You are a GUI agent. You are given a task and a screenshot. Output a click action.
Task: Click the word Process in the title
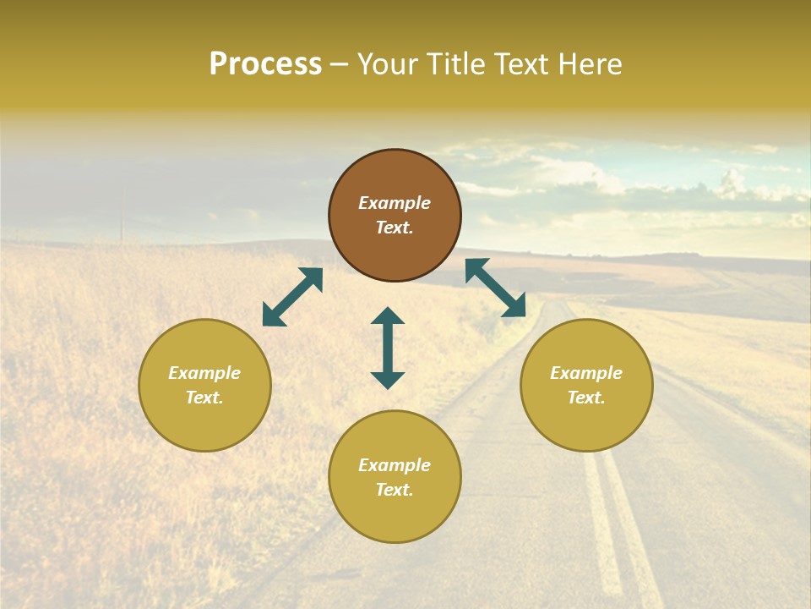[265, 64]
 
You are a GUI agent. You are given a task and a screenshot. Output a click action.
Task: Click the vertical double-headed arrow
[388, 348]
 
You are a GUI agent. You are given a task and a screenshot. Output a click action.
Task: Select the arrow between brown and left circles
[292, 297]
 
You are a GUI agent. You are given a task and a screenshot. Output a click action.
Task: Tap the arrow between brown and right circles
[495, 288]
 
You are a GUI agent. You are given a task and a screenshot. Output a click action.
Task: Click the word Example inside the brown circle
[395, 203]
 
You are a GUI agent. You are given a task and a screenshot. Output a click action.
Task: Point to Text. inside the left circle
[204, 398]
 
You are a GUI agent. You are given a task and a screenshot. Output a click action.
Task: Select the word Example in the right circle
[586, 373]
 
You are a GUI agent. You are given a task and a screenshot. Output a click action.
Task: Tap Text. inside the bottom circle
[395, 490]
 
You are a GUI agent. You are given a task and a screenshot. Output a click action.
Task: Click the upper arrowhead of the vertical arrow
[388, 315]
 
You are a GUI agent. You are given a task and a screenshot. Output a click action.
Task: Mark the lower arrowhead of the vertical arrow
[388, 380]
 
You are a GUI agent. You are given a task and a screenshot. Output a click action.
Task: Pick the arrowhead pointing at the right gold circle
[514, 308]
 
